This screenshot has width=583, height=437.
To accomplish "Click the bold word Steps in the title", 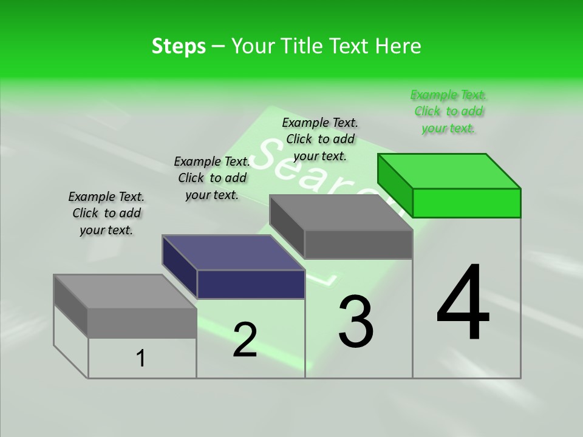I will [x=179, y=46].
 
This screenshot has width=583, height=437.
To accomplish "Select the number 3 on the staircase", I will [x=356, y=322].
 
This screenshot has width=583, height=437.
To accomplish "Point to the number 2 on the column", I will [x=245, y=340].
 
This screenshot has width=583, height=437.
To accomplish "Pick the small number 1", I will [x=141, y=359].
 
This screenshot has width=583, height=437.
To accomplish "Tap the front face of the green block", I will [x=466, y=203].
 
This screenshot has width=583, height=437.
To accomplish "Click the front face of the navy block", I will [x=251, y=284].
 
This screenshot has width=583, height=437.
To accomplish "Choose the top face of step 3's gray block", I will [x=340, y=212].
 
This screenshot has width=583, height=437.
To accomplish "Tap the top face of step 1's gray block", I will [x=124, y=292].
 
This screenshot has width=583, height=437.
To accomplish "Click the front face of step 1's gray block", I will [x=142, y=323].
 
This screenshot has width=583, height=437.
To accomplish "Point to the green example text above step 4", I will [x=448, y=112].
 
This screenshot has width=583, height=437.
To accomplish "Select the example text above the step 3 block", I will [x=320, y=139].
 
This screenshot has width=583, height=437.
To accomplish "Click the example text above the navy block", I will [x=212, y=178].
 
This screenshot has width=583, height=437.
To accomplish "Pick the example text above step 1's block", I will [x=106, y=213].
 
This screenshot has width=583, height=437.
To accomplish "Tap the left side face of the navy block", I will [x=179, y=266].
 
